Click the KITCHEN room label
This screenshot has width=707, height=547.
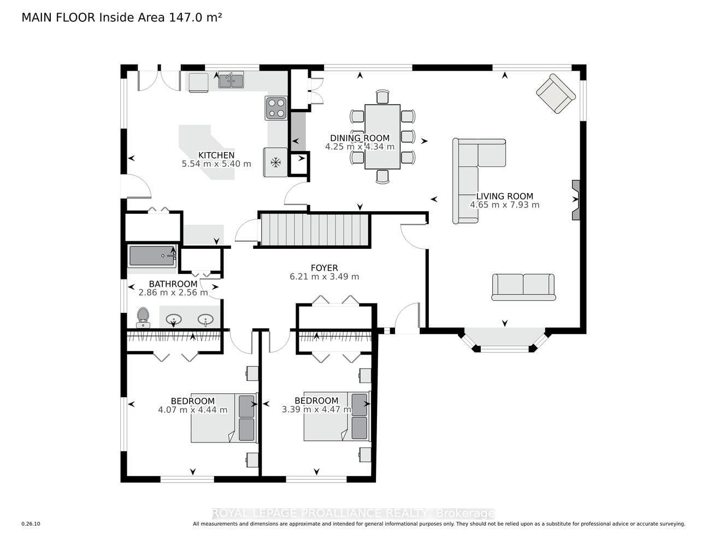click(x=216, y=155)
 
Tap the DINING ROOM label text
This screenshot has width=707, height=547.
click(x=360, y=138)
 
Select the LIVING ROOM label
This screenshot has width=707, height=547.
click(x=505, y=196)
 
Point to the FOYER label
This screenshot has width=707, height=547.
click(x=324, y=267)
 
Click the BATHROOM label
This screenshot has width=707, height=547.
click(x=173, y=283)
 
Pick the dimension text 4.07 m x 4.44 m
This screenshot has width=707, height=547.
click(x=193, y=410)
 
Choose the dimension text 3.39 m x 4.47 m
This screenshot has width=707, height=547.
click(x=316, y=409)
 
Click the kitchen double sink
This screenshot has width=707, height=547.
click(x=231, y=80)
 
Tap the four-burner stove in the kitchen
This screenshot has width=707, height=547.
click(x=276, y=108)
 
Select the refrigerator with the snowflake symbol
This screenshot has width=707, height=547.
click(x=275, y=162)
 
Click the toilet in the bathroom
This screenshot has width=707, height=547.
click(x=143, y=317)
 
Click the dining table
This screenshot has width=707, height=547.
click(x=382, y=137)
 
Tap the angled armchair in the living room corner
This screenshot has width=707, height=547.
click(x=556, y=94)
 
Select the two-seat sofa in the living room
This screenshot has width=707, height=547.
click(x=523, y=287)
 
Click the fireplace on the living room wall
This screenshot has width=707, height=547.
click(x=575, y=200)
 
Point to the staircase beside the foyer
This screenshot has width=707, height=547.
click(x=314, y=230)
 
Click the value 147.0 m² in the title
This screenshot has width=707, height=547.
click(x=195, y=18)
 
